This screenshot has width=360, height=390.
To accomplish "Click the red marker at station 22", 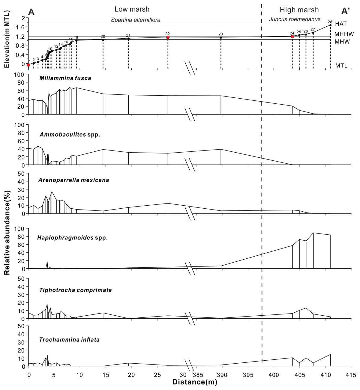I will pyautogui.click(x=168, y=37).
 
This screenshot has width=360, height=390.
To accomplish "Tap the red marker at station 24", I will pyautogui.click(x=292, y=37).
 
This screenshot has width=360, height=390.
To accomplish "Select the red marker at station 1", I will pyautogui.click(x=28, y=65).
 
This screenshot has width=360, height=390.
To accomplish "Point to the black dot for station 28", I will pyautogui.click(x=330, y=25).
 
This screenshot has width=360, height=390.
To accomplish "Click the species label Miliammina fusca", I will pyautogui.click(x=65, y=78).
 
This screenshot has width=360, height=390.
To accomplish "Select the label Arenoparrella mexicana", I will pyautogui.click(x=73, y=180).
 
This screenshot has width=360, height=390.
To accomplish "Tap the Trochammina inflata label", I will pyautogui.click(x=69, y=340).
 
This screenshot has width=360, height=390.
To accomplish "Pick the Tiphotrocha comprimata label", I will pyautogui.click(x=75, y=290).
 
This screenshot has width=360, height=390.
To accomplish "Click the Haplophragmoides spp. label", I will pyautogui.click(x=72, y=238).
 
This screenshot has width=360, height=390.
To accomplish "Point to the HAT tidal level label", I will pyautogui.click(x=340, y=24).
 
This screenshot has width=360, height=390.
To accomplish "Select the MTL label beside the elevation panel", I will pyautogui.click(x=341, y=66).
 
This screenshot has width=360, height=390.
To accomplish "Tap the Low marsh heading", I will pyautogui.click(x=132, y=9).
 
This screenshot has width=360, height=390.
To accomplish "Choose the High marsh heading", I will pyautogui.click(x=299, y=10).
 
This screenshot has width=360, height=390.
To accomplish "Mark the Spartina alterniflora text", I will pyautogui.click(x=136, y=20).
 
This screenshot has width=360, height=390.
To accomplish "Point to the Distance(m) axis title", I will pyautogui.click(x=195, y=382).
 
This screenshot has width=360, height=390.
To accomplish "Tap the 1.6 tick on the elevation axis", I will pyautogui.click(x=20, y=27).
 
